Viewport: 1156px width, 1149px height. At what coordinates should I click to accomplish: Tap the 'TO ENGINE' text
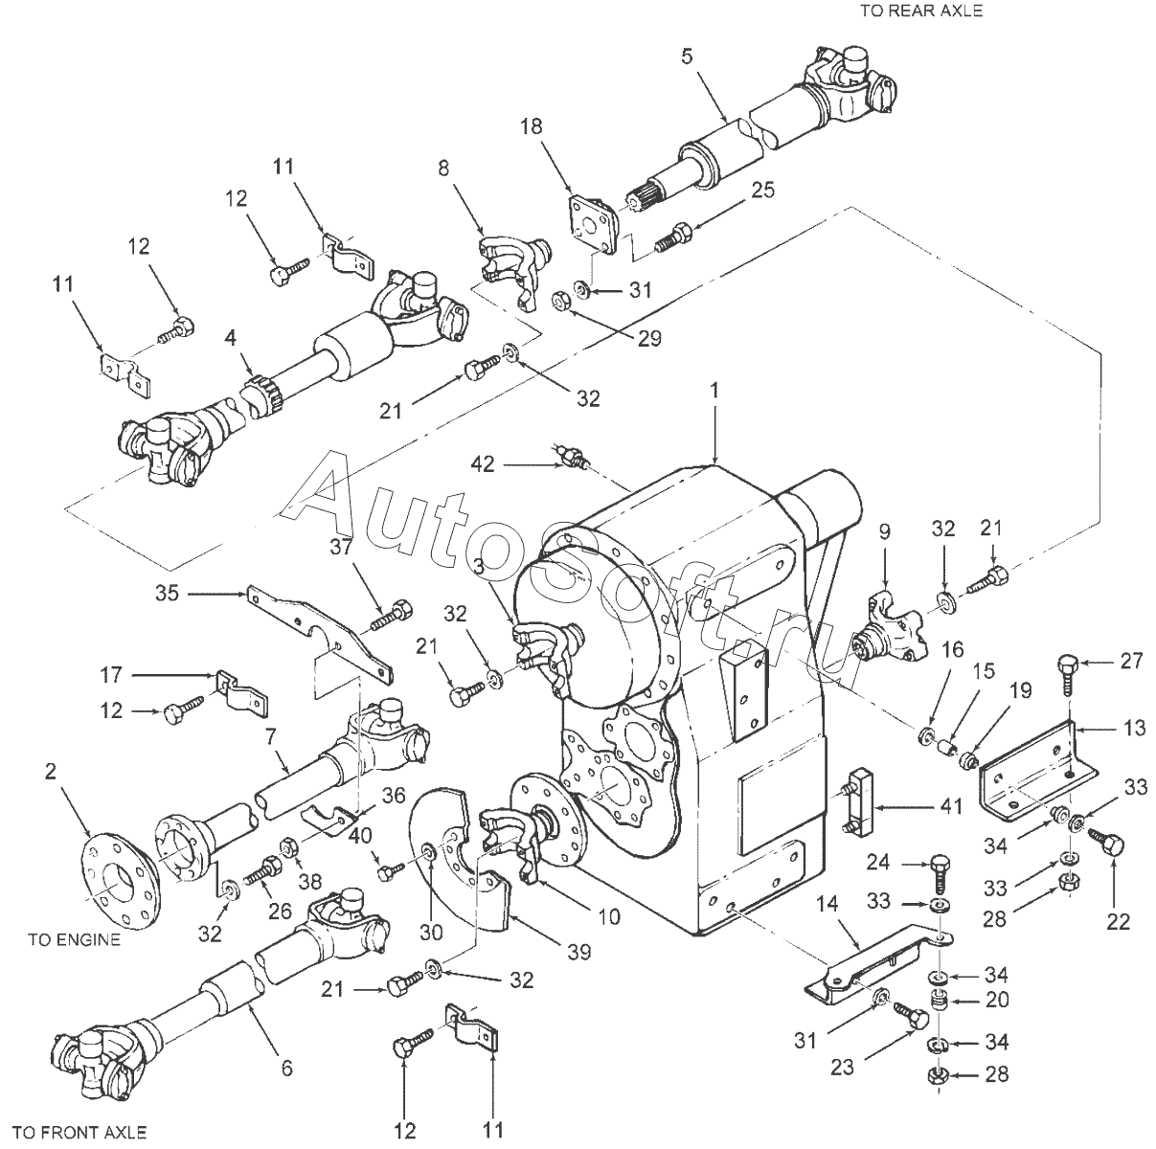[x=74, y=939]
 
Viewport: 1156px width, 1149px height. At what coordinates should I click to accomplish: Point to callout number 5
[x=685, y=56]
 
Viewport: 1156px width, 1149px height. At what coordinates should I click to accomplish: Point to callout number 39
[x=578, y=952]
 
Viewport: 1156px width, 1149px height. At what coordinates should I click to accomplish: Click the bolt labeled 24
[x=940, y=872]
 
